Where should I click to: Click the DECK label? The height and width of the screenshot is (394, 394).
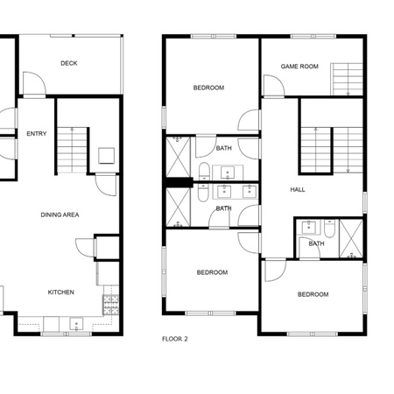[x=69, y=63]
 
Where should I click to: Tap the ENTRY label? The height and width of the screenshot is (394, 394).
[x=37, y=134]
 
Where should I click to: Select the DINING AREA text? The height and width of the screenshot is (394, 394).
[x=60, y=215]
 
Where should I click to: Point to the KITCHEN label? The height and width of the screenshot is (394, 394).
[x=61, y=292]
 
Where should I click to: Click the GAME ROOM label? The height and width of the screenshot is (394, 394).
[x=299, y=67]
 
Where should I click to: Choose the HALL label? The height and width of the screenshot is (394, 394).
[x=298, y=190]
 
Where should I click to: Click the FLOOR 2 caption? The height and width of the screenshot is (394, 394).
[x=175, y=339]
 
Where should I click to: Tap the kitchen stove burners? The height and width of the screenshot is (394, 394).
[x=111, y=305]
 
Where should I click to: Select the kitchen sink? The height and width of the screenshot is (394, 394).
[x=76, y=324]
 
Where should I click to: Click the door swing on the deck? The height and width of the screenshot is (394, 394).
[x=34, y=83]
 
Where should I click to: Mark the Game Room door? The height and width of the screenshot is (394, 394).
[x=274, y=85]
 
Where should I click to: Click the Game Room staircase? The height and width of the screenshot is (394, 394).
[x=347, y=79]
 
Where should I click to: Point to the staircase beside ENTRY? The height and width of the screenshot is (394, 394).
[x=73, y=150]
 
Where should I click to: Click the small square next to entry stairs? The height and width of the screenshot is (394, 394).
[x=106, y=156]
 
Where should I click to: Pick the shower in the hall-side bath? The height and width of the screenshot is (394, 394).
[x=351, y=239]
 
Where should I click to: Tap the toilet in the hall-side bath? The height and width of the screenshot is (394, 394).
[x=330, y=229]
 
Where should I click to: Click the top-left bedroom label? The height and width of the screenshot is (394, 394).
[x=208, y=88]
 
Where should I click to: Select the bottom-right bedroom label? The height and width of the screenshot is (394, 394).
[x=313, y=294]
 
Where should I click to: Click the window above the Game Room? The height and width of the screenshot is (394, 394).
[x=313, y=37]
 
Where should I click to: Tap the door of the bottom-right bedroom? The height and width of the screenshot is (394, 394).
[x=275, y=271]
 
